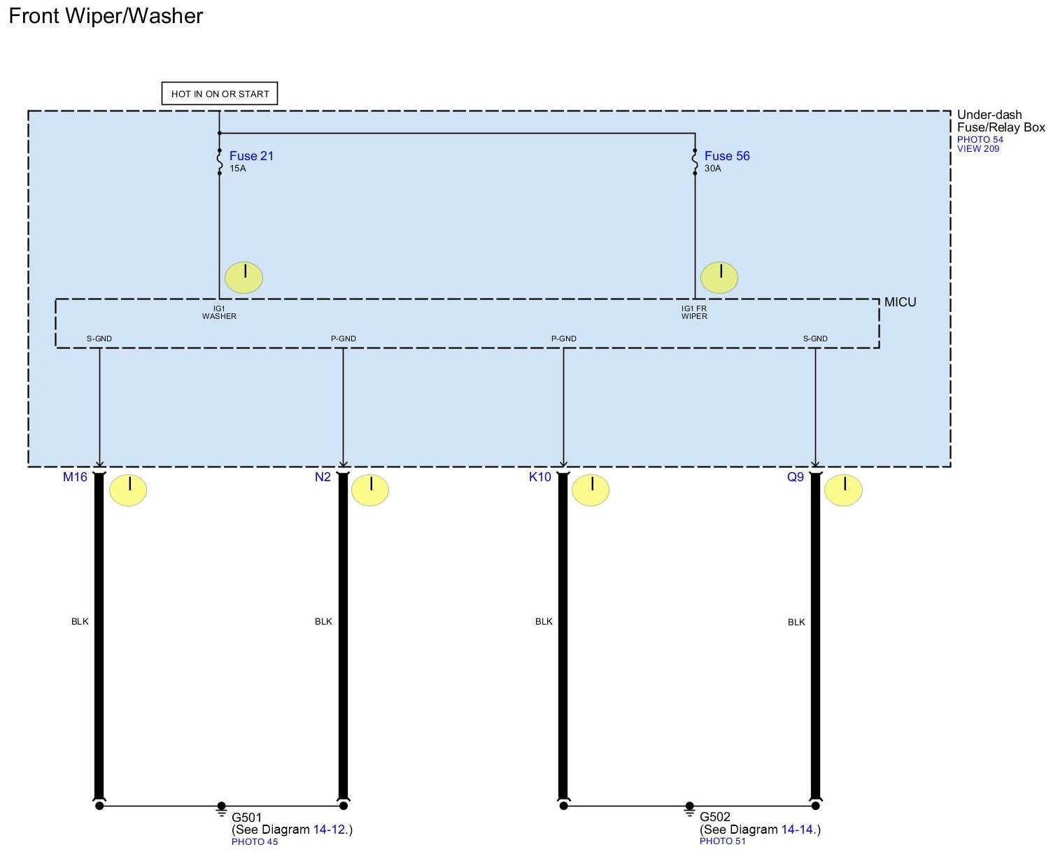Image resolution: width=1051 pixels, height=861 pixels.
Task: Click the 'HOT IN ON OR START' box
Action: click(x=220, y=94)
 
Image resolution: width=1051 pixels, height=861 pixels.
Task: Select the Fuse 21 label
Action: click(x=251, y=156)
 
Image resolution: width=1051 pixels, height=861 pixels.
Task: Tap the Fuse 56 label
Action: click(x=727, y=156)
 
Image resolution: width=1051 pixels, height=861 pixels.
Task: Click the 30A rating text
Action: click(x=712, y=169)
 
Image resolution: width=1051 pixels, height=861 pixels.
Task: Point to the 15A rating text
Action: click(x=238, y=169)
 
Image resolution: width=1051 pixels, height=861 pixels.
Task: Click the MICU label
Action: click(x=900, y=302)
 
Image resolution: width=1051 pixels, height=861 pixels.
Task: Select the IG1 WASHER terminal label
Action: click(x=219, y=313)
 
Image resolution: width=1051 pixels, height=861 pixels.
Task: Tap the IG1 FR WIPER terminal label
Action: click(x=694, y=313)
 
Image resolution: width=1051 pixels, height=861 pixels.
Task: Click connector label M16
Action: click(x=75, y=477)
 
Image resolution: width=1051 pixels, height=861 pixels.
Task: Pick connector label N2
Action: click(x=323, y=477)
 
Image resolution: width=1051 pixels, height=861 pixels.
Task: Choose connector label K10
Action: click(x=540, y=477)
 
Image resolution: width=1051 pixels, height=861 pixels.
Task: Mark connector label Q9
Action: click(x=796, y=477)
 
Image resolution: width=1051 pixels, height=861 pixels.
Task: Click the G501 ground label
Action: click(x=246, y=817)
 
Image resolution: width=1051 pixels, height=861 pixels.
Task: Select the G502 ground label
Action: click(x=714, y=817)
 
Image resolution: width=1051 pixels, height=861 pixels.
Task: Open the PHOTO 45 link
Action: click(x=255, y=841)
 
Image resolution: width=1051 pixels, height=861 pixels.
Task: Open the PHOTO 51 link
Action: click(x=723, y=841)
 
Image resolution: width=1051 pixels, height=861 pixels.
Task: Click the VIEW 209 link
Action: click(x=978, y=149)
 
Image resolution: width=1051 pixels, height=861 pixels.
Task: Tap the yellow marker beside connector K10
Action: click(x=591, y=490)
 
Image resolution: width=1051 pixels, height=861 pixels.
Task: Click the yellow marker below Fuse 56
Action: click(x=719, y=278)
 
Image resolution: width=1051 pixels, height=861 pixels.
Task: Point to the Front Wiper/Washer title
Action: click(x=106, y=16)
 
